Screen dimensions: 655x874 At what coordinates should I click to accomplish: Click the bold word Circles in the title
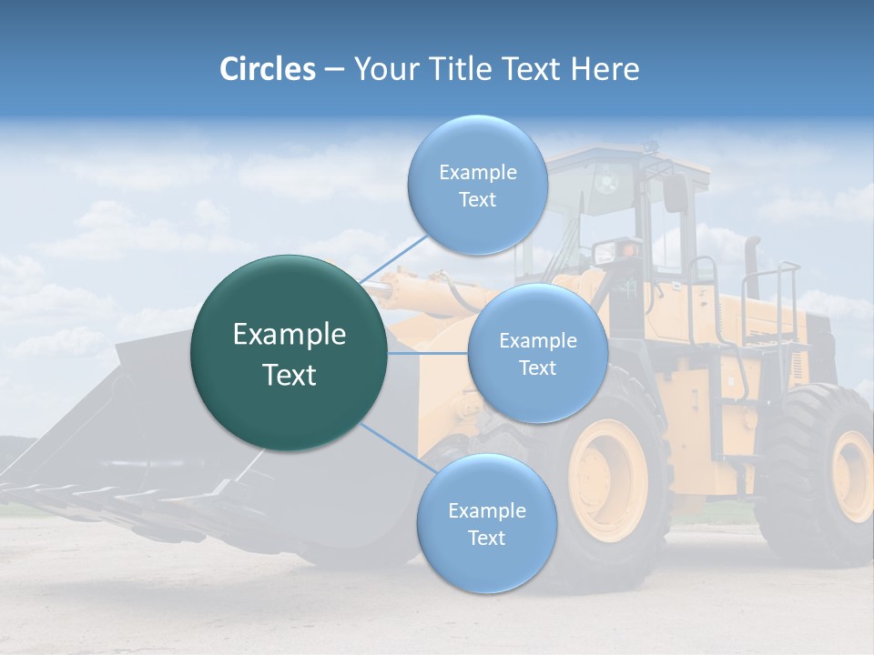(267, 69)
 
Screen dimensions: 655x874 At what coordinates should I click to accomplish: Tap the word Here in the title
(605, 69)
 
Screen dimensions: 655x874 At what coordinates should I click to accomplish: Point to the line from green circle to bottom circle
(391, 448)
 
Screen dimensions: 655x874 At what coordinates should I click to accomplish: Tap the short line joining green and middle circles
(428, 353)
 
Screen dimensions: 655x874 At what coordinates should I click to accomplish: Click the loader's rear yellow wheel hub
(853, 476)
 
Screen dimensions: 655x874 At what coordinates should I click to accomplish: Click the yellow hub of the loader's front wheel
(607, 480)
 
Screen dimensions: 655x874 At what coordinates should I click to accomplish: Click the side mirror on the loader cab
(676, 193)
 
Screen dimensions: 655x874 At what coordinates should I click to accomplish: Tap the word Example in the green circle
(290, 335)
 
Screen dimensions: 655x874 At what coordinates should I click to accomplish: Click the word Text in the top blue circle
(477, 200)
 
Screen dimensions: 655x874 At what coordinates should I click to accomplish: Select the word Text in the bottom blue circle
(486, 538)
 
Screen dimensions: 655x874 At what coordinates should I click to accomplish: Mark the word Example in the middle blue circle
(537, 341)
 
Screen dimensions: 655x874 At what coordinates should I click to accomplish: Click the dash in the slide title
(334, 69)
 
